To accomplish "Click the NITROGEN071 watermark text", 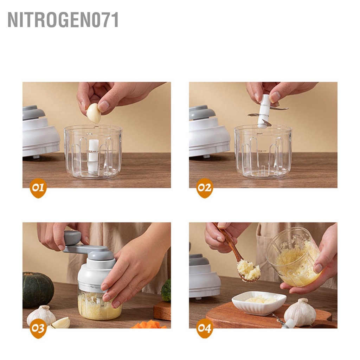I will pyautogui.click(x=63, y=20).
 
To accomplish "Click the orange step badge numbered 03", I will pyautogui.click(x=38, y=328).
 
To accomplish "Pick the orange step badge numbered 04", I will pyautogui.click(x=204, y=328).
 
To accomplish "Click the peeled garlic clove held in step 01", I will pyautogui.click(x=94, y=113).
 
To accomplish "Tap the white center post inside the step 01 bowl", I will pyautogui.click(x=93, y=155).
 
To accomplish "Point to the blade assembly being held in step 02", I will pyautogui.click(x=264, y=111).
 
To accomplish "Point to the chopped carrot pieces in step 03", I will pyautogui.click(x=149, y=324).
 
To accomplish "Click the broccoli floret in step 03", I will pyautogui.click(x=166, y=290).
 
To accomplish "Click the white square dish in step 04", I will pyautogui.click(x=259, y=302).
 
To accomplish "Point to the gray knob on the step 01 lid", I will pyautogui.click(x=33, y=112).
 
